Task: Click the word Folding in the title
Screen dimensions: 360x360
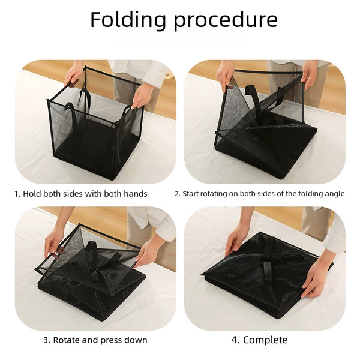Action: pos(128,20)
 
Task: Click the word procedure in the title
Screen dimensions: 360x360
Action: pos(226,20)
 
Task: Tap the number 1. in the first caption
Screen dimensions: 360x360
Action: pos(17,194)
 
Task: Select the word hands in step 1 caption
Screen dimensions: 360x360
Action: pos(136,194)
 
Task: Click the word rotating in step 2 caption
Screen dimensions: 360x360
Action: pos(214,194)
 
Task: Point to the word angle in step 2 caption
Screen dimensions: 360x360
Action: pos(335,194)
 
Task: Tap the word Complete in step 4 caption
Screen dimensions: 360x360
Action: pos(265,340)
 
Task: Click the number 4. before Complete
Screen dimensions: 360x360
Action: pos(236,340)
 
